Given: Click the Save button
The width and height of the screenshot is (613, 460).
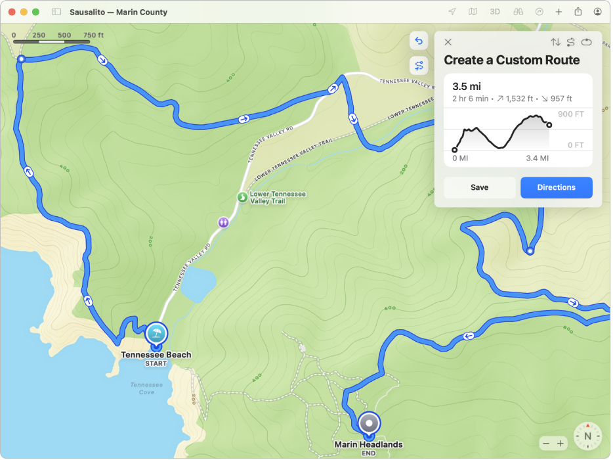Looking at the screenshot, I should click(x=479, y=187).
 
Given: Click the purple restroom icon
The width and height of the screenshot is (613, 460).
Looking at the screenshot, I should click(x=224, y=222).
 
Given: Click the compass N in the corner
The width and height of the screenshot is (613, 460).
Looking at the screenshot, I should click(x=587, y=436).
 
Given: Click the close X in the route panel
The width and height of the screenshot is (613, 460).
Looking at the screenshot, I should click(x=448, y=42).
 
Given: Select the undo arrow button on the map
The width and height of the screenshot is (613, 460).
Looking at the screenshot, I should click(x=419, y=41).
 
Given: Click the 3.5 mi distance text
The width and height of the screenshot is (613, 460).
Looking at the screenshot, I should click(x=467, y=86).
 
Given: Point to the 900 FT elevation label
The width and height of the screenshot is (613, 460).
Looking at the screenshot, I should click(x=570, y=114).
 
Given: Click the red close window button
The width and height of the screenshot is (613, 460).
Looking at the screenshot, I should click(x=12, y=12).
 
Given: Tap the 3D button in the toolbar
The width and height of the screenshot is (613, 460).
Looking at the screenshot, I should click(x=494, y=12).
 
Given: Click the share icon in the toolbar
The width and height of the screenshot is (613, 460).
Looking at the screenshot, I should click(x=578, y=12).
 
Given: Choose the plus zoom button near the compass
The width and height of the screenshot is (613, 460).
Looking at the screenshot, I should click(x=560, y=444).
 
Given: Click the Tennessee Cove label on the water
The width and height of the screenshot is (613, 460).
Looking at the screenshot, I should click(x=146, y=388).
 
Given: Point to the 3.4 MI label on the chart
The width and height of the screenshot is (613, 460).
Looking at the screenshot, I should click(x=537, y=158).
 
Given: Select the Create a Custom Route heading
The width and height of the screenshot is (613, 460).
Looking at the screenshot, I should click(x=512, y=60).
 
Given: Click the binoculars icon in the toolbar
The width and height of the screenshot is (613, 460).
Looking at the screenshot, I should click(x=517, y=12).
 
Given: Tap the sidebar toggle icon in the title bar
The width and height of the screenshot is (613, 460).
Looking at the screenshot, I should click(x=56, y=12).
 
